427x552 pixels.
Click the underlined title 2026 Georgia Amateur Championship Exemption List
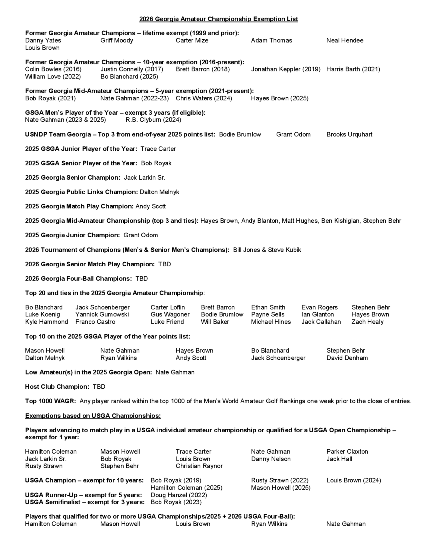(218, 19)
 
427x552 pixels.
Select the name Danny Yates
(43, 41)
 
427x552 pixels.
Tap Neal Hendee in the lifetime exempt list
(345, 41)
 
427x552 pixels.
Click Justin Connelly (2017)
(132, 69)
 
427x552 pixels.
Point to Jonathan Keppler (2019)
(286, 69)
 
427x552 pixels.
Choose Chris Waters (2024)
(204, 98)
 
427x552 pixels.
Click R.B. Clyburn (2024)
(153, 120)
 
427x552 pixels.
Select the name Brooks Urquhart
(349, 134)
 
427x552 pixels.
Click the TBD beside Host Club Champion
(99, 387)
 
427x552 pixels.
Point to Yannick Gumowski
(102, 314)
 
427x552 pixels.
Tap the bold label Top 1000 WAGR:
(50, 401)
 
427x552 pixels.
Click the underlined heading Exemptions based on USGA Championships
(93, 416)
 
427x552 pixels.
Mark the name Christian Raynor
(199, 466)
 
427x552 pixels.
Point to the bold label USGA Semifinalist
(52, 502)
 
